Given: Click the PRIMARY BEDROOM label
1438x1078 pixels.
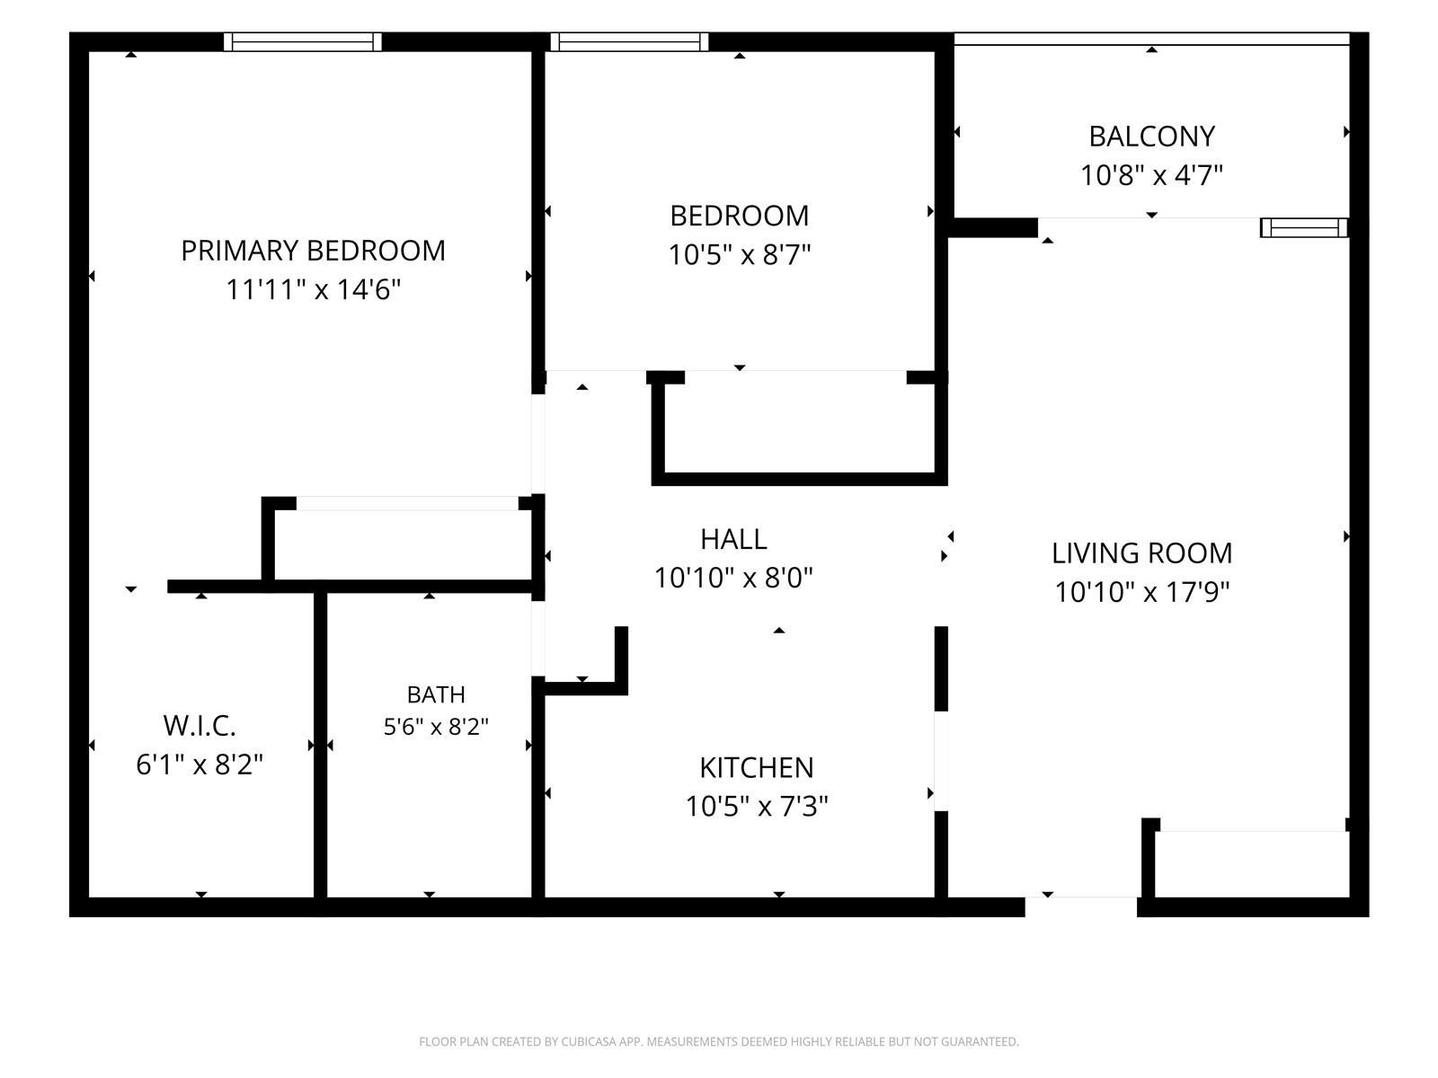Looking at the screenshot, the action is pos(313,251).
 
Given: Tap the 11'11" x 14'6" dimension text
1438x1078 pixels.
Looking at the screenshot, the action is pos(313,289).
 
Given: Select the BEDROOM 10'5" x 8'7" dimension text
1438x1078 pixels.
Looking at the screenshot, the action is pos(740,254).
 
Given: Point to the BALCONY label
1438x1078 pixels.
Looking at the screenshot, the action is pos(1151,137).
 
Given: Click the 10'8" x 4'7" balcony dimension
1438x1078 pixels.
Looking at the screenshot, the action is pos(1151,175).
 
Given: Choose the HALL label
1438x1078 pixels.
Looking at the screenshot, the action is pos(733,539).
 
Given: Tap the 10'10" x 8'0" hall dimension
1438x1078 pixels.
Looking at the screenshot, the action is pos(733,578).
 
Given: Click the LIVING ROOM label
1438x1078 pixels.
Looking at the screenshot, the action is pos(1142,553).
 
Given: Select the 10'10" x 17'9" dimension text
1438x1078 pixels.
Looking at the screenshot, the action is pos(1142,592).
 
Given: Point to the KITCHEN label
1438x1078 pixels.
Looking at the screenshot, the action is pos(757,768).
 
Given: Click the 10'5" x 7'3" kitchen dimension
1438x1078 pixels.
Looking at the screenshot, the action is pos(757,807).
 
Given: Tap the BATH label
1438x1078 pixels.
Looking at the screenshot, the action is pos(436,694).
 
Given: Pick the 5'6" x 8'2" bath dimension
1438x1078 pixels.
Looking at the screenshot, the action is pos(436,727).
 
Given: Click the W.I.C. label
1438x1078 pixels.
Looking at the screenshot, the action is pos(200,726).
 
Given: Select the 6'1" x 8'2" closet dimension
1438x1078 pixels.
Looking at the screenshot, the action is pos(200,764).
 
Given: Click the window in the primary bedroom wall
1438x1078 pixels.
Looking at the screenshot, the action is pos(303,42).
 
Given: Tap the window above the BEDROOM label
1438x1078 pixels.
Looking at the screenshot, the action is pos(630,42).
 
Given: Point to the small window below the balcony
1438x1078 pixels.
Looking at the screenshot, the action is pos(1304,228).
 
